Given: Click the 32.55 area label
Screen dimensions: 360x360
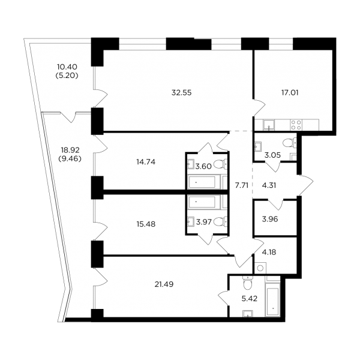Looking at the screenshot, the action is [181, 93].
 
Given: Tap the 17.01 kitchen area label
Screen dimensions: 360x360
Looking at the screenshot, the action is [290, 93].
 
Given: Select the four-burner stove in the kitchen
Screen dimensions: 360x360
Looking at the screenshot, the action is [296, 125].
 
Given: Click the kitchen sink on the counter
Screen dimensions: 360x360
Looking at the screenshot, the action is [269, 125].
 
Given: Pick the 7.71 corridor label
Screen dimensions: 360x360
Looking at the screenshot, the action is [242, 185].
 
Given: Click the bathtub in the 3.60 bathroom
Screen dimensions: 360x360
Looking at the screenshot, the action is [202, 182].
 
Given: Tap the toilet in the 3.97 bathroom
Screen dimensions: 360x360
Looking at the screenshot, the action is [220, 222].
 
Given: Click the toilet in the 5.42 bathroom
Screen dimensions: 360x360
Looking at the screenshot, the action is [247, 283].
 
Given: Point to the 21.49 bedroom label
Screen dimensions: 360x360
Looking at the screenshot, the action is [164, 284].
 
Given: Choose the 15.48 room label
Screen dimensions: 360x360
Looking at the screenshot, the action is [146, 224].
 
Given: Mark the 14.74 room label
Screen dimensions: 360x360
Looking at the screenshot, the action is [146, 162].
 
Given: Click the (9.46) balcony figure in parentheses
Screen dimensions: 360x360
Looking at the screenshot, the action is [70, 158].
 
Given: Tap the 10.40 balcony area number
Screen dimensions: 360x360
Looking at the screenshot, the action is [67, 67].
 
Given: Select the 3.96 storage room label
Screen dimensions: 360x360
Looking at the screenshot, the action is [270, 219].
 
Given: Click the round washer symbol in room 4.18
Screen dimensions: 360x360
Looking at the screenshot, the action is [260, 268].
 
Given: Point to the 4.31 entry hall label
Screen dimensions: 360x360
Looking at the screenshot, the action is [269, 185].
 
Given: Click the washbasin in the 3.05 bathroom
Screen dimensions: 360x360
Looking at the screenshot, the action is [257, 146].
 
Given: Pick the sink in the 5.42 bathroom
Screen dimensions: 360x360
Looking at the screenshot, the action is [248, 313].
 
